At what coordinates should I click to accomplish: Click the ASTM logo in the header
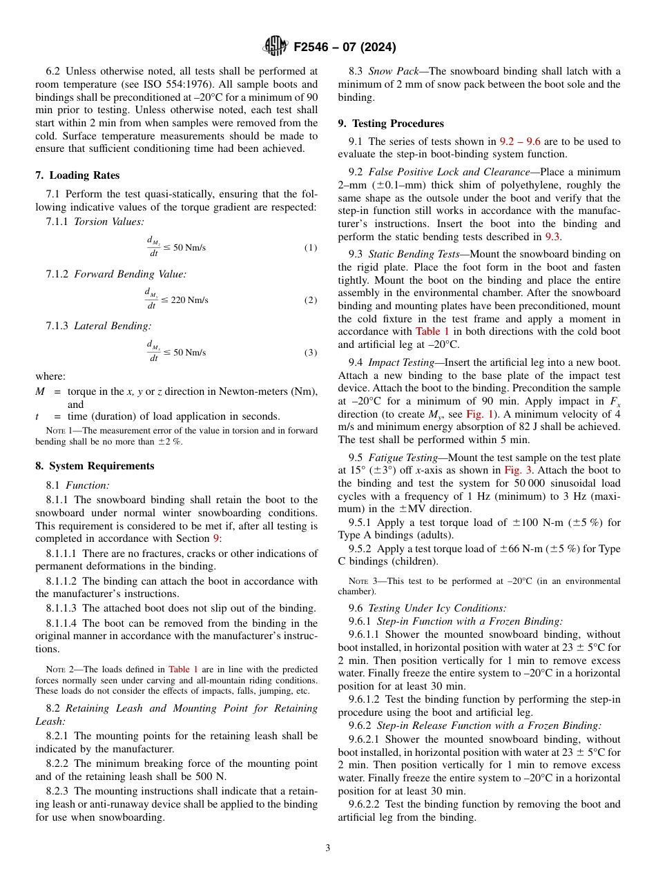click(x=276, y=47)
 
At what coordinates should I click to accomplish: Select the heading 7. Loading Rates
click(x=77, y=175)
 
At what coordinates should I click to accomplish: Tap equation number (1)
click(x=311, y=247)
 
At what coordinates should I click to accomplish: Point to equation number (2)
click(x=311, y=300)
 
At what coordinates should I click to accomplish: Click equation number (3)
click(x=311, y=353)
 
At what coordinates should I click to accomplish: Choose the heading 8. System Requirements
click(x=95, y=466)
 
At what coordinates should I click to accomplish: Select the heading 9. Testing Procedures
click(x=391, y=124)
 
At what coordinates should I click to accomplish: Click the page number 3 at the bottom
click(x=328, y=848)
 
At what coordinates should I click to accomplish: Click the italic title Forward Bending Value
click(x=130, y=274)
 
